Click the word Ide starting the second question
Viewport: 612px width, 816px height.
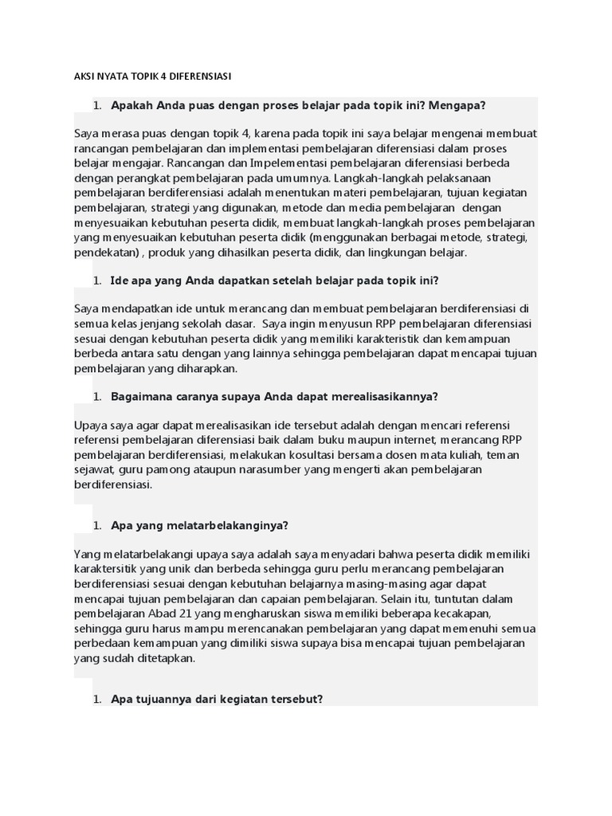pyautogui.click(x=121, y=280)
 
